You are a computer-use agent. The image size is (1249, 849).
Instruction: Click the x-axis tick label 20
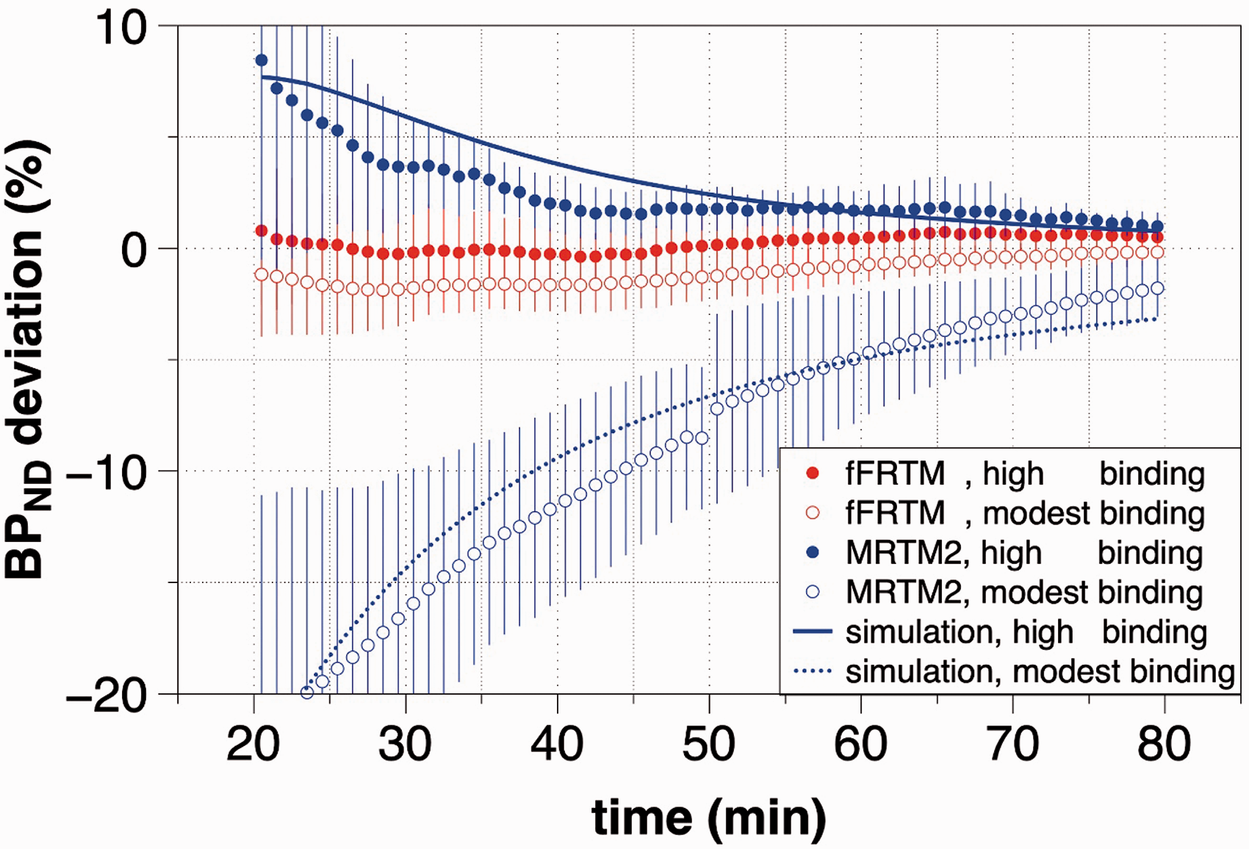click(253, 744)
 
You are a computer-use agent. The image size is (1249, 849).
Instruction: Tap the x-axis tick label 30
click(406, 744)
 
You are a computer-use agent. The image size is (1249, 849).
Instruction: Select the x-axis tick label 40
click(557, 744)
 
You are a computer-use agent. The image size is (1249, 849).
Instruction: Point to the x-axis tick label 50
click(709, 744)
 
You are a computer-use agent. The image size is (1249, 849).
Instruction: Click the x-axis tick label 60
click(860, 744)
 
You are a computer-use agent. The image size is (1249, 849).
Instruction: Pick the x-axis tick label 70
click(1012, 744)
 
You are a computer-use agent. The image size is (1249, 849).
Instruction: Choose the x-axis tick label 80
click(1164, 744)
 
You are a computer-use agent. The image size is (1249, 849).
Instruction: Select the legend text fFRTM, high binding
click(1025, 474)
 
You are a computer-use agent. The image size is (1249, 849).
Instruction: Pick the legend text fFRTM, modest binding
click(1025, 513)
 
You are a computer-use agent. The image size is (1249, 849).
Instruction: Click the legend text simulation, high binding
click(1026, 632)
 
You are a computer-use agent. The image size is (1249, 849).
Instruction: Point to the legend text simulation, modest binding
click(1040, 672)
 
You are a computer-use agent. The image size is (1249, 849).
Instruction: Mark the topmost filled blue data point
click(261, 60)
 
